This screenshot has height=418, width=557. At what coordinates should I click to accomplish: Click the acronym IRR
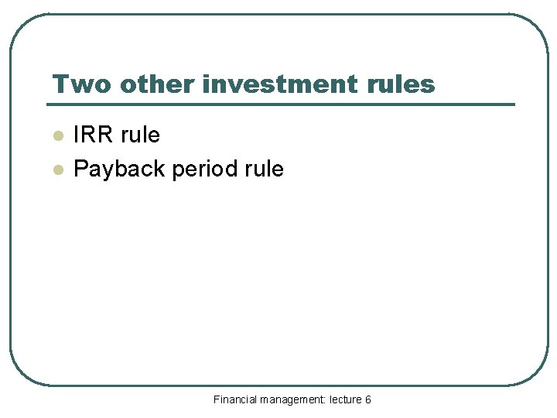click(95, 135)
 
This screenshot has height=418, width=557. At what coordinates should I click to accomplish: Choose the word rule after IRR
click(142, 135)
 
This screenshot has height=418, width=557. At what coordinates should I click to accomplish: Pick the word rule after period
click(264, 169)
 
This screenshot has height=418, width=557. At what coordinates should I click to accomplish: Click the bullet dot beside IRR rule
click(56, 136)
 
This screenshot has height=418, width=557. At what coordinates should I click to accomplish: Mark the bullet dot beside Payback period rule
click(56, 170)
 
